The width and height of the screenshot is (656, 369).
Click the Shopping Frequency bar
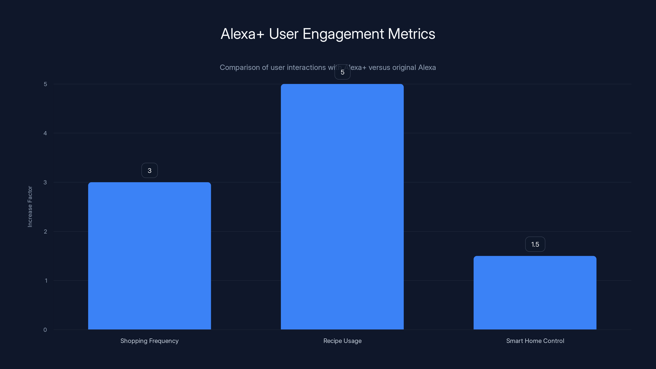coord(149,256)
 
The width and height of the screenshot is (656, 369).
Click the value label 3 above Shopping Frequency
coord(149,170)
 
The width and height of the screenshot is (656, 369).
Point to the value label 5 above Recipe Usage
coord(342,72)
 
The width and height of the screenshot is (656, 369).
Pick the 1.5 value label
coord(535,244)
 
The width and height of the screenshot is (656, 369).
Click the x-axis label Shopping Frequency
coord(149,341)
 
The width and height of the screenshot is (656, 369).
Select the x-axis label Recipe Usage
coord(342,341)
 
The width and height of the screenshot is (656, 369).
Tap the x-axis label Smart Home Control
coord(535,341)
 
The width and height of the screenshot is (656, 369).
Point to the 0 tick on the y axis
coord(45,330)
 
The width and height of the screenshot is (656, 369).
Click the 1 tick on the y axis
coord(46,281)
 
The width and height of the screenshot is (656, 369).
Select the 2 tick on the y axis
coord(45,231)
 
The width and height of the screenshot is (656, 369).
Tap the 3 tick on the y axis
coord(45,182)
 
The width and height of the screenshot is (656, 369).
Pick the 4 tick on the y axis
coord(45,133)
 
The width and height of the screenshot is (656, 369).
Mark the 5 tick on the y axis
coord(45,84)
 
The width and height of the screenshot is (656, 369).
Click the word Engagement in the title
coord(343,34)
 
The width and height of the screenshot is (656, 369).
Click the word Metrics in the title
coord(411,34)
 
